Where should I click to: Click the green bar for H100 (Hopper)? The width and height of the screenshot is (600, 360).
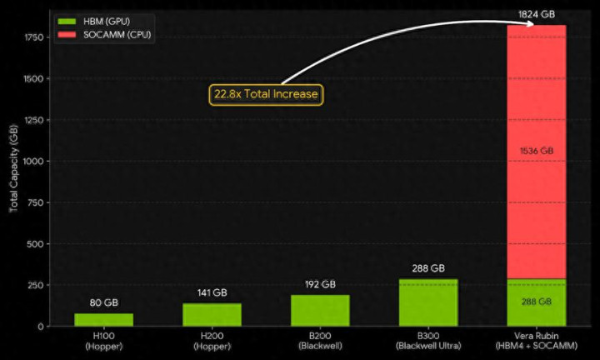tap(103, 320)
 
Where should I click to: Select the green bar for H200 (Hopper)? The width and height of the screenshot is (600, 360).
tap(212, 315)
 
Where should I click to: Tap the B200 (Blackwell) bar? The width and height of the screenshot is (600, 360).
tap(320, 311)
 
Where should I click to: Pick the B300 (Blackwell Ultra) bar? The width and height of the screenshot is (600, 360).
tap(428, 302)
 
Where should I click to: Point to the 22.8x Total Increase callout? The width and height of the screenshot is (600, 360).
tap(266, 94)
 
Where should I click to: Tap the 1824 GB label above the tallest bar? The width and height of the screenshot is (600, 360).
tap(536, 14)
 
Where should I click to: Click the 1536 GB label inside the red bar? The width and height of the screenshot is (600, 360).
tap(536, 151)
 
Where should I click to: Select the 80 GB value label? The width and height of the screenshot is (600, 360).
tap(103, 303)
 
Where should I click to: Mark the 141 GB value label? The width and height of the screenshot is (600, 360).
tap(212, 292)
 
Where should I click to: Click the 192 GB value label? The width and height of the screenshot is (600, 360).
tap(320, 284)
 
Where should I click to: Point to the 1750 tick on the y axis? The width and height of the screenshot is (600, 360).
tap(33, 37)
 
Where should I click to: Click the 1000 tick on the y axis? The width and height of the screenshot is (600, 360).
tap(33, 162)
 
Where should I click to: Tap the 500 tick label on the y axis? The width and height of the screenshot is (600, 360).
tap(36, 244)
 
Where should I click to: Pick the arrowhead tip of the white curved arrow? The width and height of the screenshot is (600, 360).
tap(533, 24)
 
